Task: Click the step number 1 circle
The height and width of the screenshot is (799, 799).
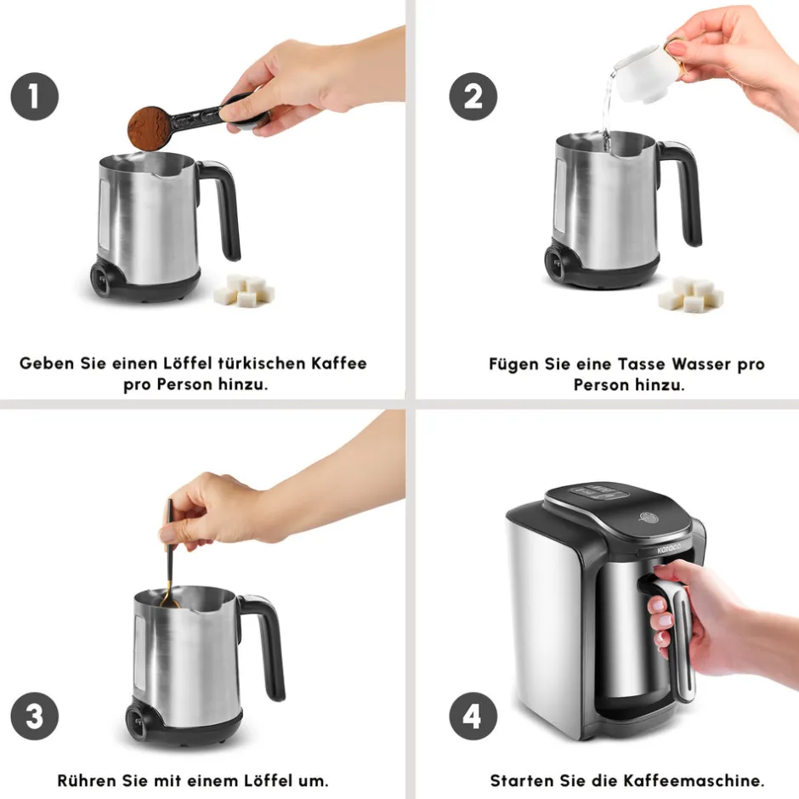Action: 35,97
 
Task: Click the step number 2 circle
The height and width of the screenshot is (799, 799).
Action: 473,97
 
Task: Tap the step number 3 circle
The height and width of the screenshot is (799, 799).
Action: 35,716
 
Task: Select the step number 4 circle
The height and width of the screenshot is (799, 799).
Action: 473,716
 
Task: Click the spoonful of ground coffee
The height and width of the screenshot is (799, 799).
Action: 150,128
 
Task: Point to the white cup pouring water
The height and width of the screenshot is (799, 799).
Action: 643,71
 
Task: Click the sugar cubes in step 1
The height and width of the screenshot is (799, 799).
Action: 245,291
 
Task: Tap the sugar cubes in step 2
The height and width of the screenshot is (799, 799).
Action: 690,294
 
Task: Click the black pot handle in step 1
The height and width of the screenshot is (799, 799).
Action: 224,209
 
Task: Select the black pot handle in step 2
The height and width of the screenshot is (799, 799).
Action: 684,191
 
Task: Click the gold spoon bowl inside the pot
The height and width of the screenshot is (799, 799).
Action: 170,603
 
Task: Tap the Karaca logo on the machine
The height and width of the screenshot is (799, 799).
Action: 669,549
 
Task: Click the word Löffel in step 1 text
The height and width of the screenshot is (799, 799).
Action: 188,363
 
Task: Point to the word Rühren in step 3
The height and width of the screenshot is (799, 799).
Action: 87,780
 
